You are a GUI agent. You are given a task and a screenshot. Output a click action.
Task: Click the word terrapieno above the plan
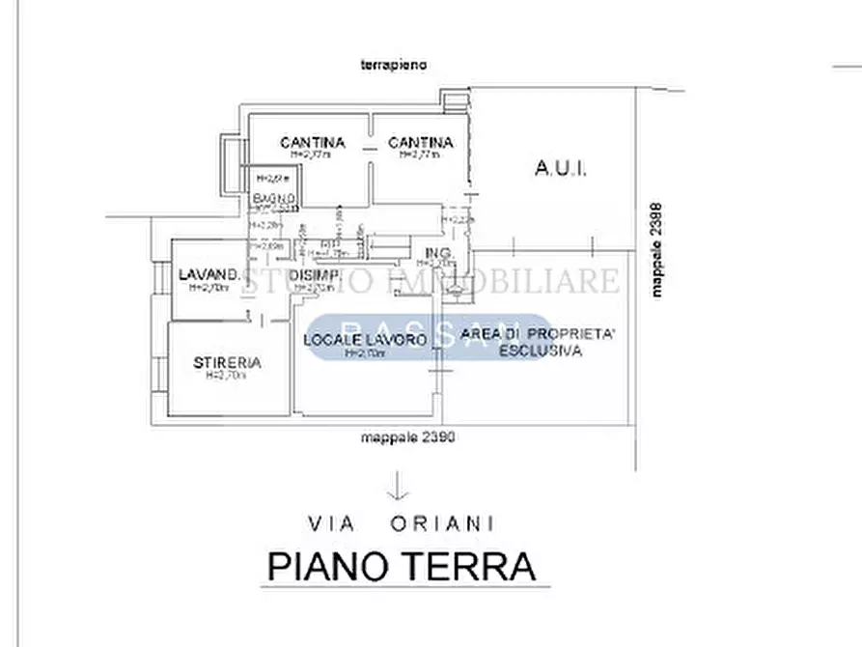pyautogui.click(x=393, y=65)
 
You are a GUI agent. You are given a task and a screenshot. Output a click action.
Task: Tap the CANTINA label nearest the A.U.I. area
pyautogui.click(x=421, y=143)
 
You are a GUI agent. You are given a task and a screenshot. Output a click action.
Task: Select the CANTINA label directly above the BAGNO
pyautogui.click(x=312, y=143)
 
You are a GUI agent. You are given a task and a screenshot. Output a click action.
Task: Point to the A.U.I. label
pyautogui.click(x=561, y=170)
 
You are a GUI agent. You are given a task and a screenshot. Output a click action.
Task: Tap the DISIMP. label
pyautogui.click(x=314, y=276)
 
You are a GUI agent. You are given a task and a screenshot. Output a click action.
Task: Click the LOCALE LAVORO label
pyautogui.click(x=365, y=340)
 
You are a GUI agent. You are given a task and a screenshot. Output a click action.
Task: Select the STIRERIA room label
pyautogui.click(x=227, y=363)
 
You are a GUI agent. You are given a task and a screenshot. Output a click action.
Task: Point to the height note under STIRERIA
pyautogui.click(x=227, y=376)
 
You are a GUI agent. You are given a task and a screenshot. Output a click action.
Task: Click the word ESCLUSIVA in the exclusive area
pyautogui.click(x=540, y=352)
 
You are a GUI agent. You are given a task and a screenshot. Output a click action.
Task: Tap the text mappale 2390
pyautogui.click(x=407, y=437)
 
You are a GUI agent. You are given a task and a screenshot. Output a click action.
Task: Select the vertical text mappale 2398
pyautogui.click(x=657, y=248)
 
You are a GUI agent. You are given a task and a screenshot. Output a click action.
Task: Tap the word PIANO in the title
pyautogui.click(x=326, y=566)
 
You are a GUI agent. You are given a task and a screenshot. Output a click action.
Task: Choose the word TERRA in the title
pyautogui.click(x=471, y=566)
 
